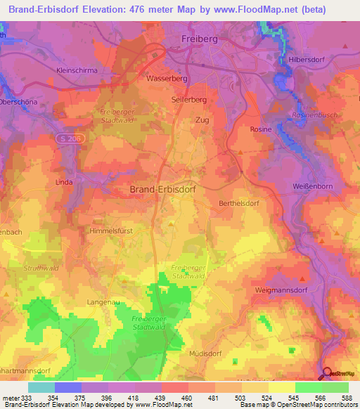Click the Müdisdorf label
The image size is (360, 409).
click(x=209, y=354)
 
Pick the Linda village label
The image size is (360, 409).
click(x=64, y=182)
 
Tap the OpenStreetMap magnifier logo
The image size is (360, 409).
click(x=327, y=373)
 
